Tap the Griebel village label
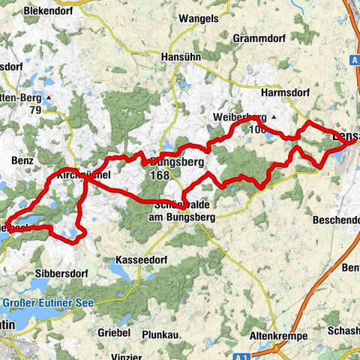coord(115,331)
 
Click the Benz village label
coord(21,160)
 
